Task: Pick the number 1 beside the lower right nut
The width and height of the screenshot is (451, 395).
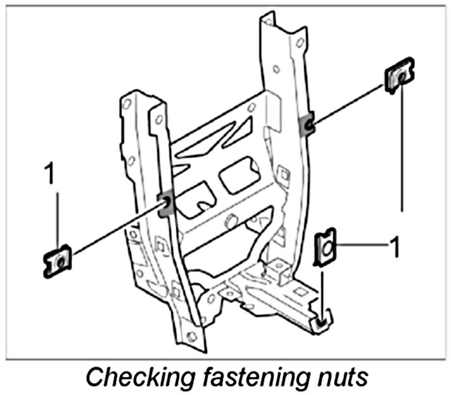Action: (x=394, y=247)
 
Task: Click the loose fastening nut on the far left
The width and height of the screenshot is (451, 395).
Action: (x=58, y=261)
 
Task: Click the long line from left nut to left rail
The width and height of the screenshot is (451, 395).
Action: (x=114, y=231)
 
